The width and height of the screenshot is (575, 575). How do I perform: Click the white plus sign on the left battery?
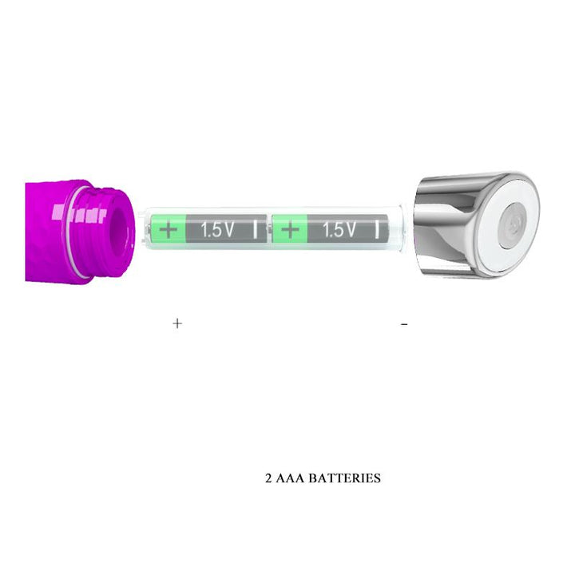pyautogui.click(x=169, y=231)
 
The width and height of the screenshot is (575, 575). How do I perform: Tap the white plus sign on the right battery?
pyautogui.click(x=291, y=231)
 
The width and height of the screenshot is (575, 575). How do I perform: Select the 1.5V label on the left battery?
pyautogui.click(x=217, y=231)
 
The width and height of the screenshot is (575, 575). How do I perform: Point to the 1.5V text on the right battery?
pyautogui.click(x=339, y=231)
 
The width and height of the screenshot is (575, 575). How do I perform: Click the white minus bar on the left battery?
pyautogui.click(x=256, y=231)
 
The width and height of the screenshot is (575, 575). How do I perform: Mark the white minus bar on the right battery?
pyautogui.click(x=378, y=231)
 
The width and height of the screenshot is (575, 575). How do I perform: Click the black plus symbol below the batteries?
pyautogui.click(x=177, y=323)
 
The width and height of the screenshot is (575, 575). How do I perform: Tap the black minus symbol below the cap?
pyautogui.click(x=405, y=324)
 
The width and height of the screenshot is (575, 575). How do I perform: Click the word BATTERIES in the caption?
pyautogui.click(x=345, y=479)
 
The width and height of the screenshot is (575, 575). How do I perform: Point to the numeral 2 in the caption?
pyautogui.click(x=268, y=479)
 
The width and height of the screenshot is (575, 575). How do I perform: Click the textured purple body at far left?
pyautogui.click(x=44, y=232)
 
